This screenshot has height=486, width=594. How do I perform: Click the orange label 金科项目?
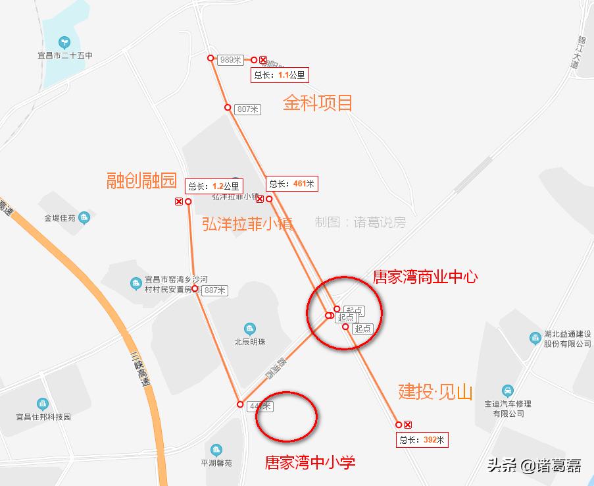(318, 103)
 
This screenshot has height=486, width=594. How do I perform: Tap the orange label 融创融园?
(142, 180)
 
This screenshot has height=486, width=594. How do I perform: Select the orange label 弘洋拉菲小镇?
(247, 224)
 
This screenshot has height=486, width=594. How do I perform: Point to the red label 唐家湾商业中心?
(425, 277)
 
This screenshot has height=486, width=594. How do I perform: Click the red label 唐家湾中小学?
(310, 462)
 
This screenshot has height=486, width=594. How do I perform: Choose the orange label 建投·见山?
(435, 391)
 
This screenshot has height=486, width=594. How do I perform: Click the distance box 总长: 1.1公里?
(280, 75)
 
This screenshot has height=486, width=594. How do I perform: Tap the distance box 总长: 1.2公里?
(214, 186)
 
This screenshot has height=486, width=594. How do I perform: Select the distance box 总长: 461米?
(292, 184)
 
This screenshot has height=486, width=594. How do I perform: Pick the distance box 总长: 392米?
(422, 440)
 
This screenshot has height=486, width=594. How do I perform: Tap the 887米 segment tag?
(214, 290)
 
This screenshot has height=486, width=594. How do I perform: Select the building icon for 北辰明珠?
(249, 329)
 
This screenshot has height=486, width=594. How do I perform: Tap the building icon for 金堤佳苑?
(84, 218)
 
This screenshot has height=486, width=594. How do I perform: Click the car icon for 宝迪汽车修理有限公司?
(507, 391)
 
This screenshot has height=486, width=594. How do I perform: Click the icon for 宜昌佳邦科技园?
(43, 403)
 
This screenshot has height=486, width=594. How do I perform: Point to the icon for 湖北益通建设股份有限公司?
(535, 338)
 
